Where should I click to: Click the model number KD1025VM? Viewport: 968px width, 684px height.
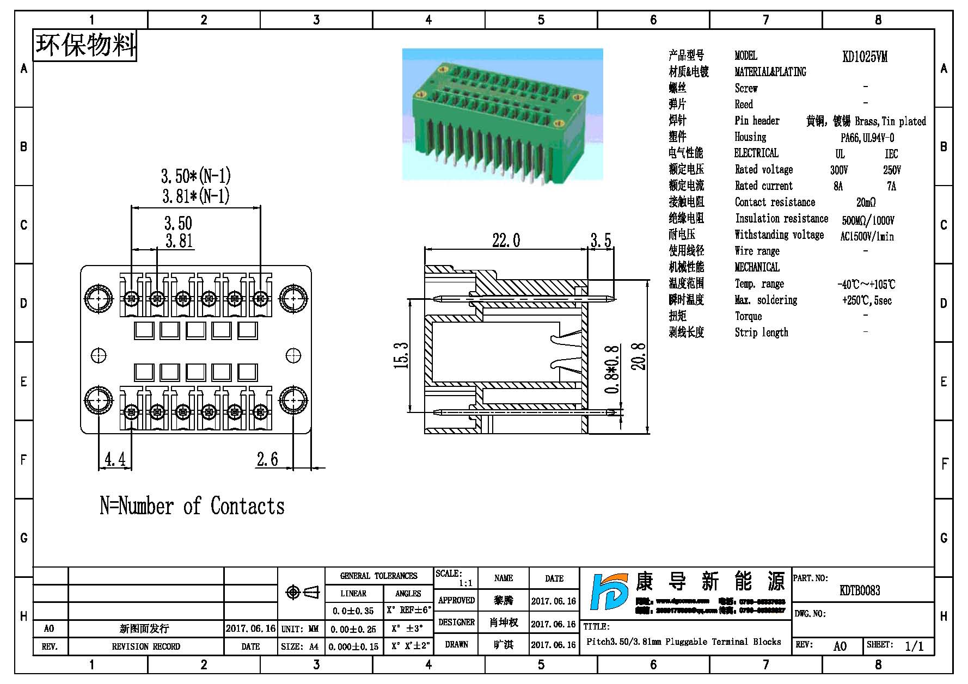pyautogui.click(x=864, y=57)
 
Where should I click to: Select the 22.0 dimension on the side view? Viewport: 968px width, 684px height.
pyautogui.click(x=506, y=240)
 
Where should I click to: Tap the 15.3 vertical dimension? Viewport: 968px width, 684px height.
pyautogui.click(x=401, y=355)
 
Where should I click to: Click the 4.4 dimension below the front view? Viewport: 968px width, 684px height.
pyautogui.click(x=115, y=460)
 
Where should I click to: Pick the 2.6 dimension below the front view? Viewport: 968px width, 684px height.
pyautogui.click(x=267, y=460)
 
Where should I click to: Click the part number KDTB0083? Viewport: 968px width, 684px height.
pyautogui.click(x=860, y=590)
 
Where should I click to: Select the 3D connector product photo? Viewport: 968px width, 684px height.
pyautogui.click(x=503, y=114)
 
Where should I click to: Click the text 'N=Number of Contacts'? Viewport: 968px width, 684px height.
pyautogui.click(x=192, y=506)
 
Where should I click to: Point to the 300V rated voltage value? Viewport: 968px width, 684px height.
pyautogui.click(x=839, y=170)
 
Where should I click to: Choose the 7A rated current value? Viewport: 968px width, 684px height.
pyautogui.click(x=891, y=187)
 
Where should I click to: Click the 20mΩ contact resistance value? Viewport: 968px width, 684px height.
pyautogui.click(x=866, y=203)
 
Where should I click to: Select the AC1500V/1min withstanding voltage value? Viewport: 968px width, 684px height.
pyautogui.click(x=867, y=237)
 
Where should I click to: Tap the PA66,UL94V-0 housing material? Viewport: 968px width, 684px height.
pyautogui.click(x=867, y=138)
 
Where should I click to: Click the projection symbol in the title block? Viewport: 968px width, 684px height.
pyautogui.click(x=303, y=593)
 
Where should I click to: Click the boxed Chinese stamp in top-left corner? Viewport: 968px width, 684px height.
pyautogui.click(x=85, y=45)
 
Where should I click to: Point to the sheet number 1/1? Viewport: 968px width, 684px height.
pyautogui.click(x=914, y=646)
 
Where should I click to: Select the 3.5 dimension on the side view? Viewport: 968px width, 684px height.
pyautogui.click(x=601, y=240)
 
